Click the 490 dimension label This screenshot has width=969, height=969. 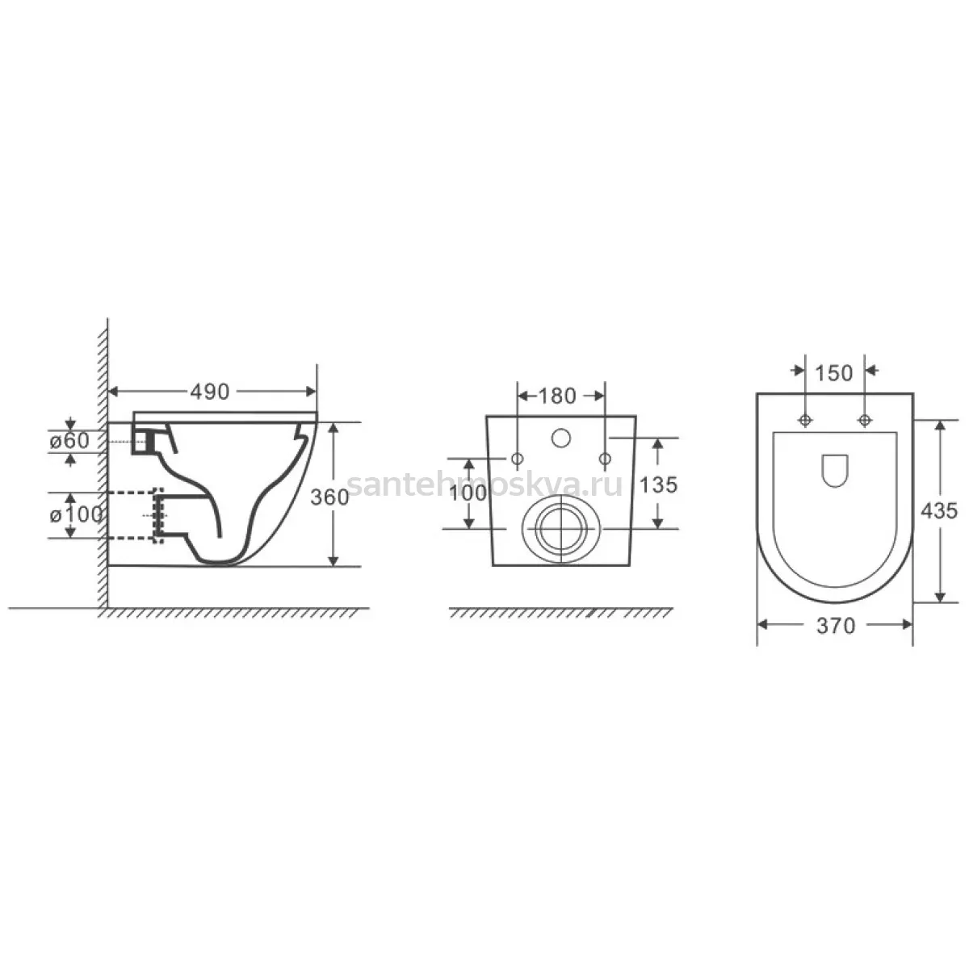click(209, 392)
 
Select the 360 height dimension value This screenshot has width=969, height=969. click(329, 497)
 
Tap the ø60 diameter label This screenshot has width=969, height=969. click(69, 441)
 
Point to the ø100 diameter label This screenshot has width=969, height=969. click(76, 515)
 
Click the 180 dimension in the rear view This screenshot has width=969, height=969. click(557, 396)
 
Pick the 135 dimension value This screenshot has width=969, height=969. click(658, 484)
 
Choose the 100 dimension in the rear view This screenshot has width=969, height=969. click(468, 493)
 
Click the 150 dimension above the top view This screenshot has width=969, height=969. click(833, 373)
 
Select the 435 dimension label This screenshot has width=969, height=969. click(939, 511)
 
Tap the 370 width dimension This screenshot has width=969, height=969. click(836, 626)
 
